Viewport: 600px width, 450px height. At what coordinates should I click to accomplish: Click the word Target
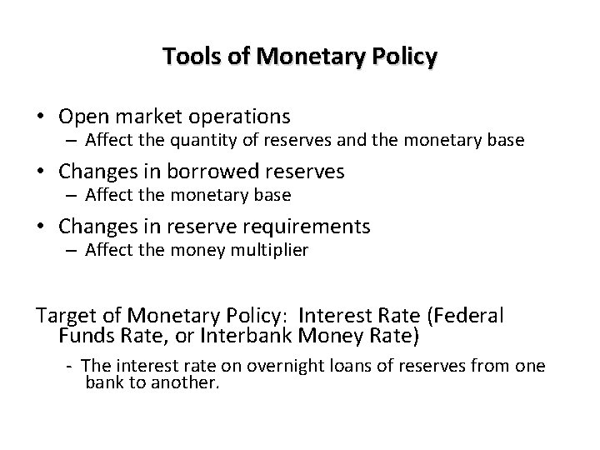tap(64, 317)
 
